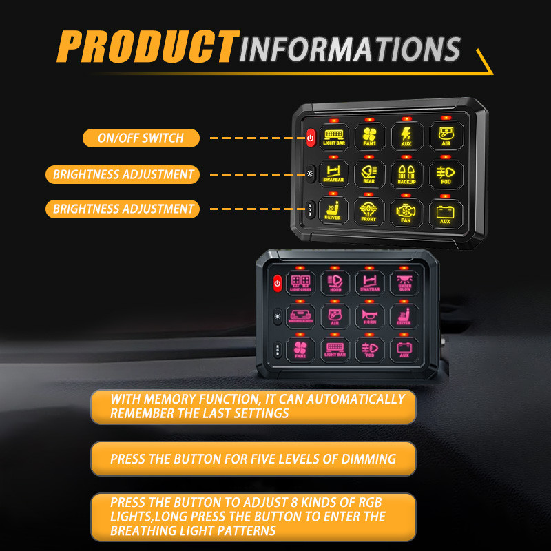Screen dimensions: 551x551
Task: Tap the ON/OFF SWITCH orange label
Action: (x=141, y=138)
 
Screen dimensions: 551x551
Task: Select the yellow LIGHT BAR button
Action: (x=334, y=136)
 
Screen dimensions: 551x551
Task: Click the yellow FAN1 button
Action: (x=370, y=136)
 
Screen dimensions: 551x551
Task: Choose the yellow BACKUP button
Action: (x=406, y=174)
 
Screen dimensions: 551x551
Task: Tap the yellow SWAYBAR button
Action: (x=333, y=174)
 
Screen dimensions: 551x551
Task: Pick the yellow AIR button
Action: (x=445, y=136)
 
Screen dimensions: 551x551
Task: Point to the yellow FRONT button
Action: (x=369, y=211)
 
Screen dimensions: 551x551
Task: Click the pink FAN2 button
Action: (x=300, y=349)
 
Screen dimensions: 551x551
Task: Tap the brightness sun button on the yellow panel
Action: (x=310, y=173)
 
